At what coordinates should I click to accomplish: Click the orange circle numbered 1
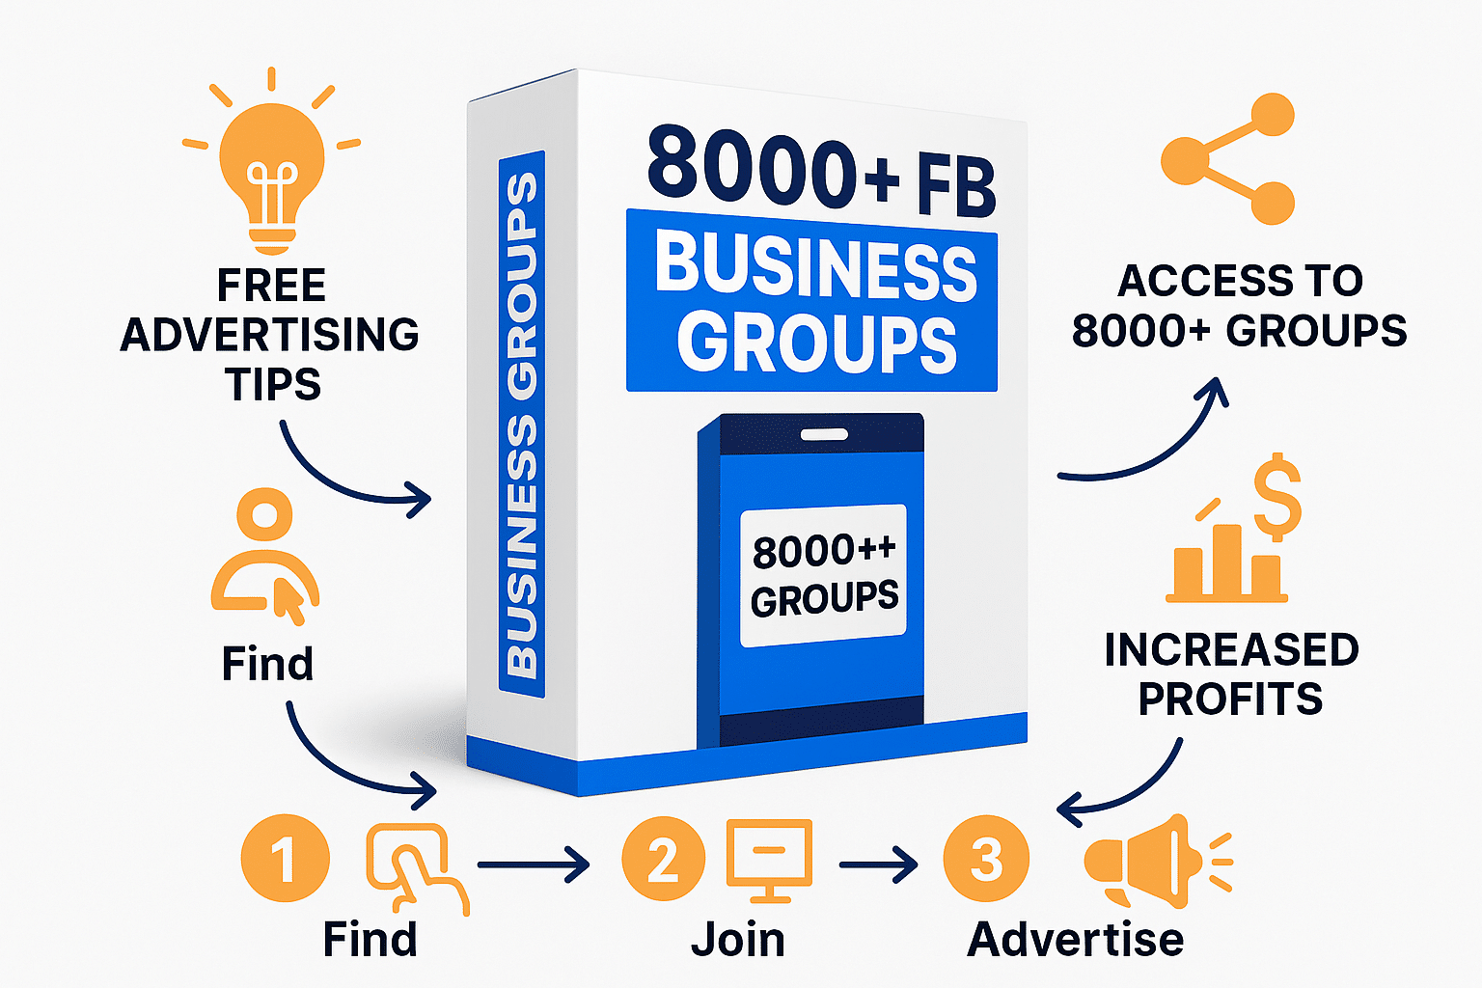coord(285,858)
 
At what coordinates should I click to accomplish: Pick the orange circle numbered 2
coord(663,858)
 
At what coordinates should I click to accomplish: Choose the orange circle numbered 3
coord(986,858)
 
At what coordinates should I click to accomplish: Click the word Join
coord(738,940)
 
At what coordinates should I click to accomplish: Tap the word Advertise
coord(1075,940)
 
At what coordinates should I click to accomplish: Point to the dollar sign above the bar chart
coord(1277,497)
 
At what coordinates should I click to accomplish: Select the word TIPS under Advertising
coord(273,385)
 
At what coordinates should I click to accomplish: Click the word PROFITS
coord(1230,700)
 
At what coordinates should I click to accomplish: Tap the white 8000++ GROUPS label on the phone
coord(823,576)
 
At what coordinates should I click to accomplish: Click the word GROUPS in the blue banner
coord(816,343)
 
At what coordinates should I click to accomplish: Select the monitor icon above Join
coord(768,859)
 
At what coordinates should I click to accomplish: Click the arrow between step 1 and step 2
coord(534,864)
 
